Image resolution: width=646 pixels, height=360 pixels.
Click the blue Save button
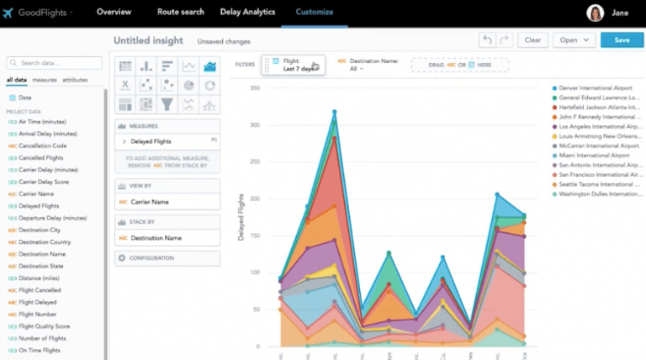622,40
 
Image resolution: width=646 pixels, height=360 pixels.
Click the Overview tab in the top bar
114,12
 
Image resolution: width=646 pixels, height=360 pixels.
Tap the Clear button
532,40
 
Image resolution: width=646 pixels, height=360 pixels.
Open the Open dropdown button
575,40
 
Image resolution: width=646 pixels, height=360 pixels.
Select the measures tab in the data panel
45,80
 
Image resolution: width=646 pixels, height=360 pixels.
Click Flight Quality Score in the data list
45,326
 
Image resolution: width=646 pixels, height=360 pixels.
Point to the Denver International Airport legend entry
595,88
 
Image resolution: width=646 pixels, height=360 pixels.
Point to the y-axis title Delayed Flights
241,216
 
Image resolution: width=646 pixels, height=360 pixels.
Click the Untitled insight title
149,40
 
